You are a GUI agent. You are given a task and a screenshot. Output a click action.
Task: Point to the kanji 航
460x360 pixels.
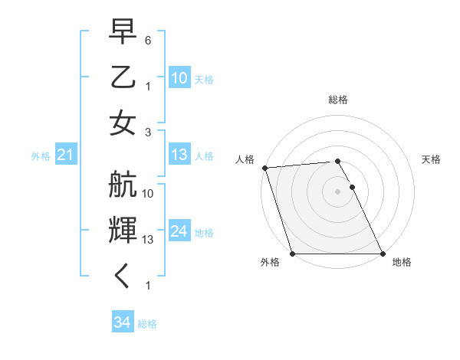(123, 185)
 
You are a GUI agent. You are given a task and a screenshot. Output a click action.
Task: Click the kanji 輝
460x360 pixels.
(123, 230)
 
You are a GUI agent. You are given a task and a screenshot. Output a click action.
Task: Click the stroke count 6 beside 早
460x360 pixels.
(148, 40)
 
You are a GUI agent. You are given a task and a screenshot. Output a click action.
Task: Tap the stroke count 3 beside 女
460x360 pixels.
(148, 132)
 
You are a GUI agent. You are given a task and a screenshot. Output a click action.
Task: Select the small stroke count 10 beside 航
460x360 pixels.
(148, 193)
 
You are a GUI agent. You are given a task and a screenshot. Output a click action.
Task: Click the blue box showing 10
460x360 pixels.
(179, 77)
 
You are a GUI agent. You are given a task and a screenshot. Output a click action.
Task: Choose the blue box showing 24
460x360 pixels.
(179, 231)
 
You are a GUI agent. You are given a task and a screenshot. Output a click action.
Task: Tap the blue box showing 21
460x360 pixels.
(65, 155)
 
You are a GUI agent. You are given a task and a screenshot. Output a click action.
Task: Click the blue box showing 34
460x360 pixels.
(122, 322)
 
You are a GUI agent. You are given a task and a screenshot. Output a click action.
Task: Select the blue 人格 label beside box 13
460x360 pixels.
(204, 155)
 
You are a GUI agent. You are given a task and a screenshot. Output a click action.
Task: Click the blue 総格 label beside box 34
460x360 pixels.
(147, 324)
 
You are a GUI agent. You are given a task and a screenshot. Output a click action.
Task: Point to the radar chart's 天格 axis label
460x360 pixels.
(431, 159)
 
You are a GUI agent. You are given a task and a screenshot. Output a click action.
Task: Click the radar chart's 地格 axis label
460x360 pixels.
(402, 262)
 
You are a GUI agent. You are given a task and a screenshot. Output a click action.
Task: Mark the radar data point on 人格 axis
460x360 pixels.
(264, 168)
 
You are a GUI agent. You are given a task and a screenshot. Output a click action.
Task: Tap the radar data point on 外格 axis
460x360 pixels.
(293, 254)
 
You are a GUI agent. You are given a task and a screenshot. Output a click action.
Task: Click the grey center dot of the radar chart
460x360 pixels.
(338, 191)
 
